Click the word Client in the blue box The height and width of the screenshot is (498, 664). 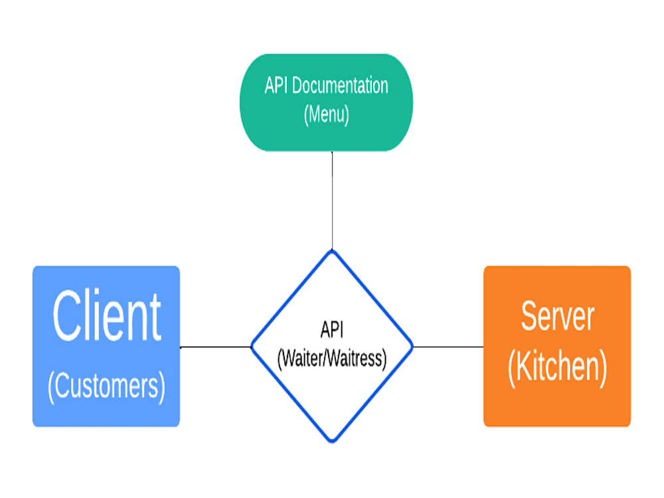106,316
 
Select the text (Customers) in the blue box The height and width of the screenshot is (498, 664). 106,386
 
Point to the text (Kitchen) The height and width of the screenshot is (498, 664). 557,368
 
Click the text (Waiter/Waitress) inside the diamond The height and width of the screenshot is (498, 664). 331,359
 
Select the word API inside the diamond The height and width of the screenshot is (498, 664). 332,330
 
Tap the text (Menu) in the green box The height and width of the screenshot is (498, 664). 326,114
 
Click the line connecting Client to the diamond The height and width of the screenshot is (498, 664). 215,347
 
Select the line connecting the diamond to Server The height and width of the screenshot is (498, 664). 448,347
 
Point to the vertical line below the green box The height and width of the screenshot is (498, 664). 332,199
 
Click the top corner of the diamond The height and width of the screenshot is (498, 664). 332,251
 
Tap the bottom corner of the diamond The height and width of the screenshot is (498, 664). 332,441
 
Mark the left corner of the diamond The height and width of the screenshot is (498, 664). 252,347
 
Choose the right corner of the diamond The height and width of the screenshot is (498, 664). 412,347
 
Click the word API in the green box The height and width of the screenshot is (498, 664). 276,86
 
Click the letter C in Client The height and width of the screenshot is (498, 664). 68,316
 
